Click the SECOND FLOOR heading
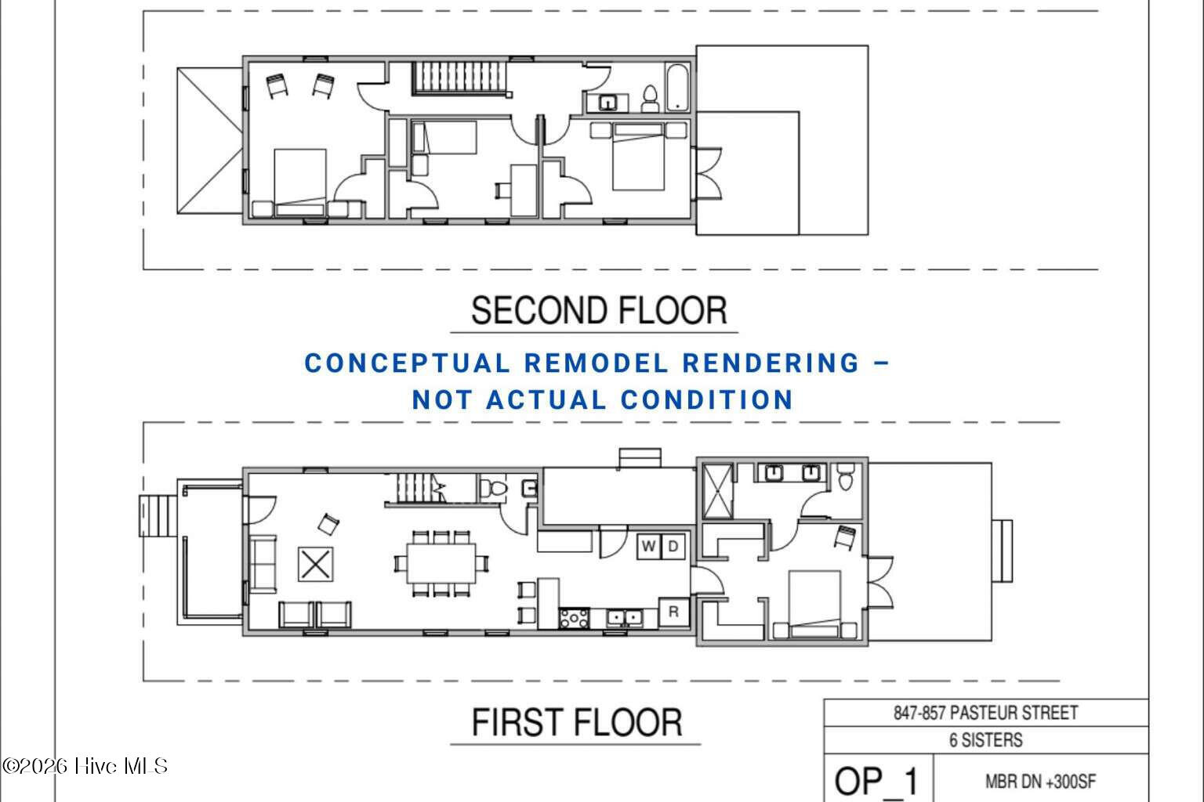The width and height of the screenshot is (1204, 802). coord(599,310)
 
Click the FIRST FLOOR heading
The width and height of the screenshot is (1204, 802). coord(577,722)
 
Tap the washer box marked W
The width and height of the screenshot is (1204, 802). coord(649,547)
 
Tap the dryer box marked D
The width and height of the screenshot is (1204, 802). coord(673,547)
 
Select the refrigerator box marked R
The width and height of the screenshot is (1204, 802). coord(674,612)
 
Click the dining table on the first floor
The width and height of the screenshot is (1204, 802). coord(441,563)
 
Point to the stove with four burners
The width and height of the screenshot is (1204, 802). coord(574,619)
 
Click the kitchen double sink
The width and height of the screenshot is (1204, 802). coord(625,618)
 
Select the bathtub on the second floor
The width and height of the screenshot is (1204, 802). coord(677,88)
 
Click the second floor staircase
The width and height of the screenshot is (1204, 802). coord(459,78)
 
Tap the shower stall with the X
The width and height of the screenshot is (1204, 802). coord(718,492)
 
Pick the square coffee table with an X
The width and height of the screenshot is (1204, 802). coord(316,565)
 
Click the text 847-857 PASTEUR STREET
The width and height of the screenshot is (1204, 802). coord(986,713)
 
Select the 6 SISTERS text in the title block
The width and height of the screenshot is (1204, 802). coord(986,740)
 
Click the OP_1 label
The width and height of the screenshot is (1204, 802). coord(876,782)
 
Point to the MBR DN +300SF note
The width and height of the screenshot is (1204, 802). coord(1041,782)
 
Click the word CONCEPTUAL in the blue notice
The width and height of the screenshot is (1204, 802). coord(407,363)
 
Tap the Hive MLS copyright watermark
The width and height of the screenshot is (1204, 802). coord(85,766)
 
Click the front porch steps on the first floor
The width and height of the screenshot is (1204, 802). coord(158,515)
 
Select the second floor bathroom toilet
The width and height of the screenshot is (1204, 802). coord(651,99)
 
